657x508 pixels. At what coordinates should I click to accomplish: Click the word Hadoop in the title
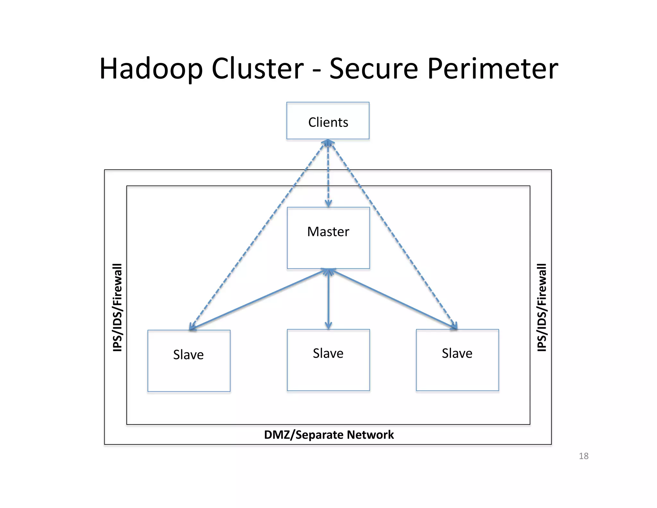(151, 69)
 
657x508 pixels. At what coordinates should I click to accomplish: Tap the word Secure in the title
(373, 69)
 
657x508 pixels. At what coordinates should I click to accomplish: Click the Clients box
(328, 121)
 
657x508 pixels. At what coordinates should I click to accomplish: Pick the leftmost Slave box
(189, 361)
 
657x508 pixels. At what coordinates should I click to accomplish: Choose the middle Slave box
(328, 360)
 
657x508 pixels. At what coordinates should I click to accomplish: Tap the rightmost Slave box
(457, 360)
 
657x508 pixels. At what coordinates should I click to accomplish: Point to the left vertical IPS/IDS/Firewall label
(117, 307)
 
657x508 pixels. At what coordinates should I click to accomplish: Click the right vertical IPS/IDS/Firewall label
(542, 307)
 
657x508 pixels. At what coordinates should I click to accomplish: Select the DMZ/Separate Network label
(328, 435)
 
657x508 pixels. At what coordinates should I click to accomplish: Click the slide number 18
(583, 456)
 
